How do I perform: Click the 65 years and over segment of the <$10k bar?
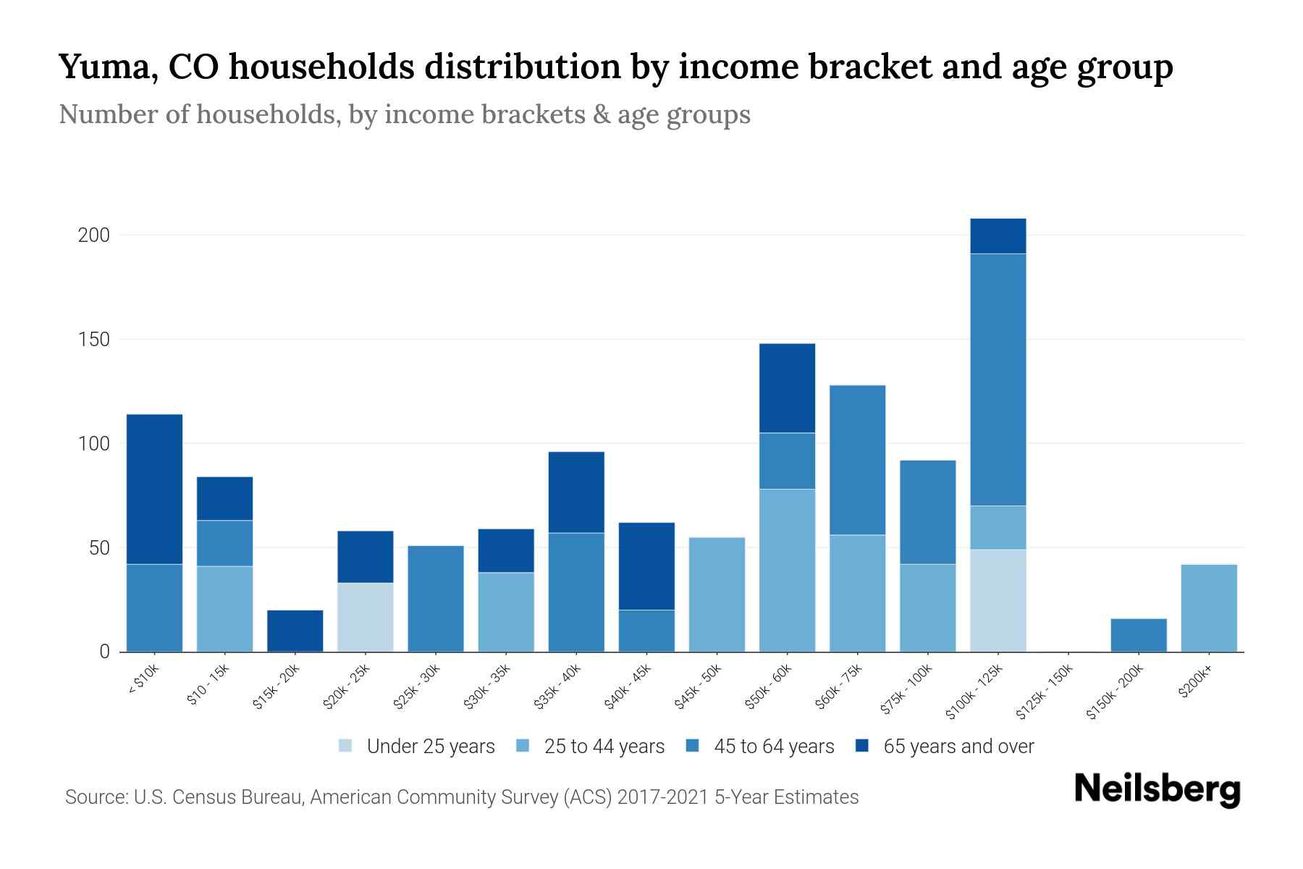click(x=154, y=489)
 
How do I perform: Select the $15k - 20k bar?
click(x=295, y=631)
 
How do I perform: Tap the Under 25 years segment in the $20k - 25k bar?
click(x=366, y=617)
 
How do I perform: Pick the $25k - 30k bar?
click(x=436, y=598)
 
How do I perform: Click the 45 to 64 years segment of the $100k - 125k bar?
click(x=998, y=379)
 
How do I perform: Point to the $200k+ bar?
click(x=1209, y=608)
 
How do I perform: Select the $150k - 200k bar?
click(x=1139, y=635)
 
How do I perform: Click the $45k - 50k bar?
click(x=717, y=594)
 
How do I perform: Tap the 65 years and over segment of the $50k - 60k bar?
click(x=787, y=388)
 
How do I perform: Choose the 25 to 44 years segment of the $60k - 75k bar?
click(x=857, y=593)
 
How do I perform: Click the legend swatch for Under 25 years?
click(x=346, y=745)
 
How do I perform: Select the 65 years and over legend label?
click(x=958, y=746)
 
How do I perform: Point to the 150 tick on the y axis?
click(x=93, y=339)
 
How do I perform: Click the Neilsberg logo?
click(x=1157, y=789)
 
